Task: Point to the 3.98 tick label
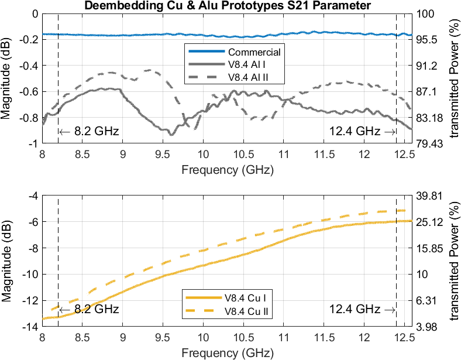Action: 426,327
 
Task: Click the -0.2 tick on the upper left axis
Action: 29,39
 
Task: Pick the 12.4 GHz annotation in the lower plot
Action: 362,309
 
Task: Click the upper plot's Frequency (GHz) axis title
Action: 227,170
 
